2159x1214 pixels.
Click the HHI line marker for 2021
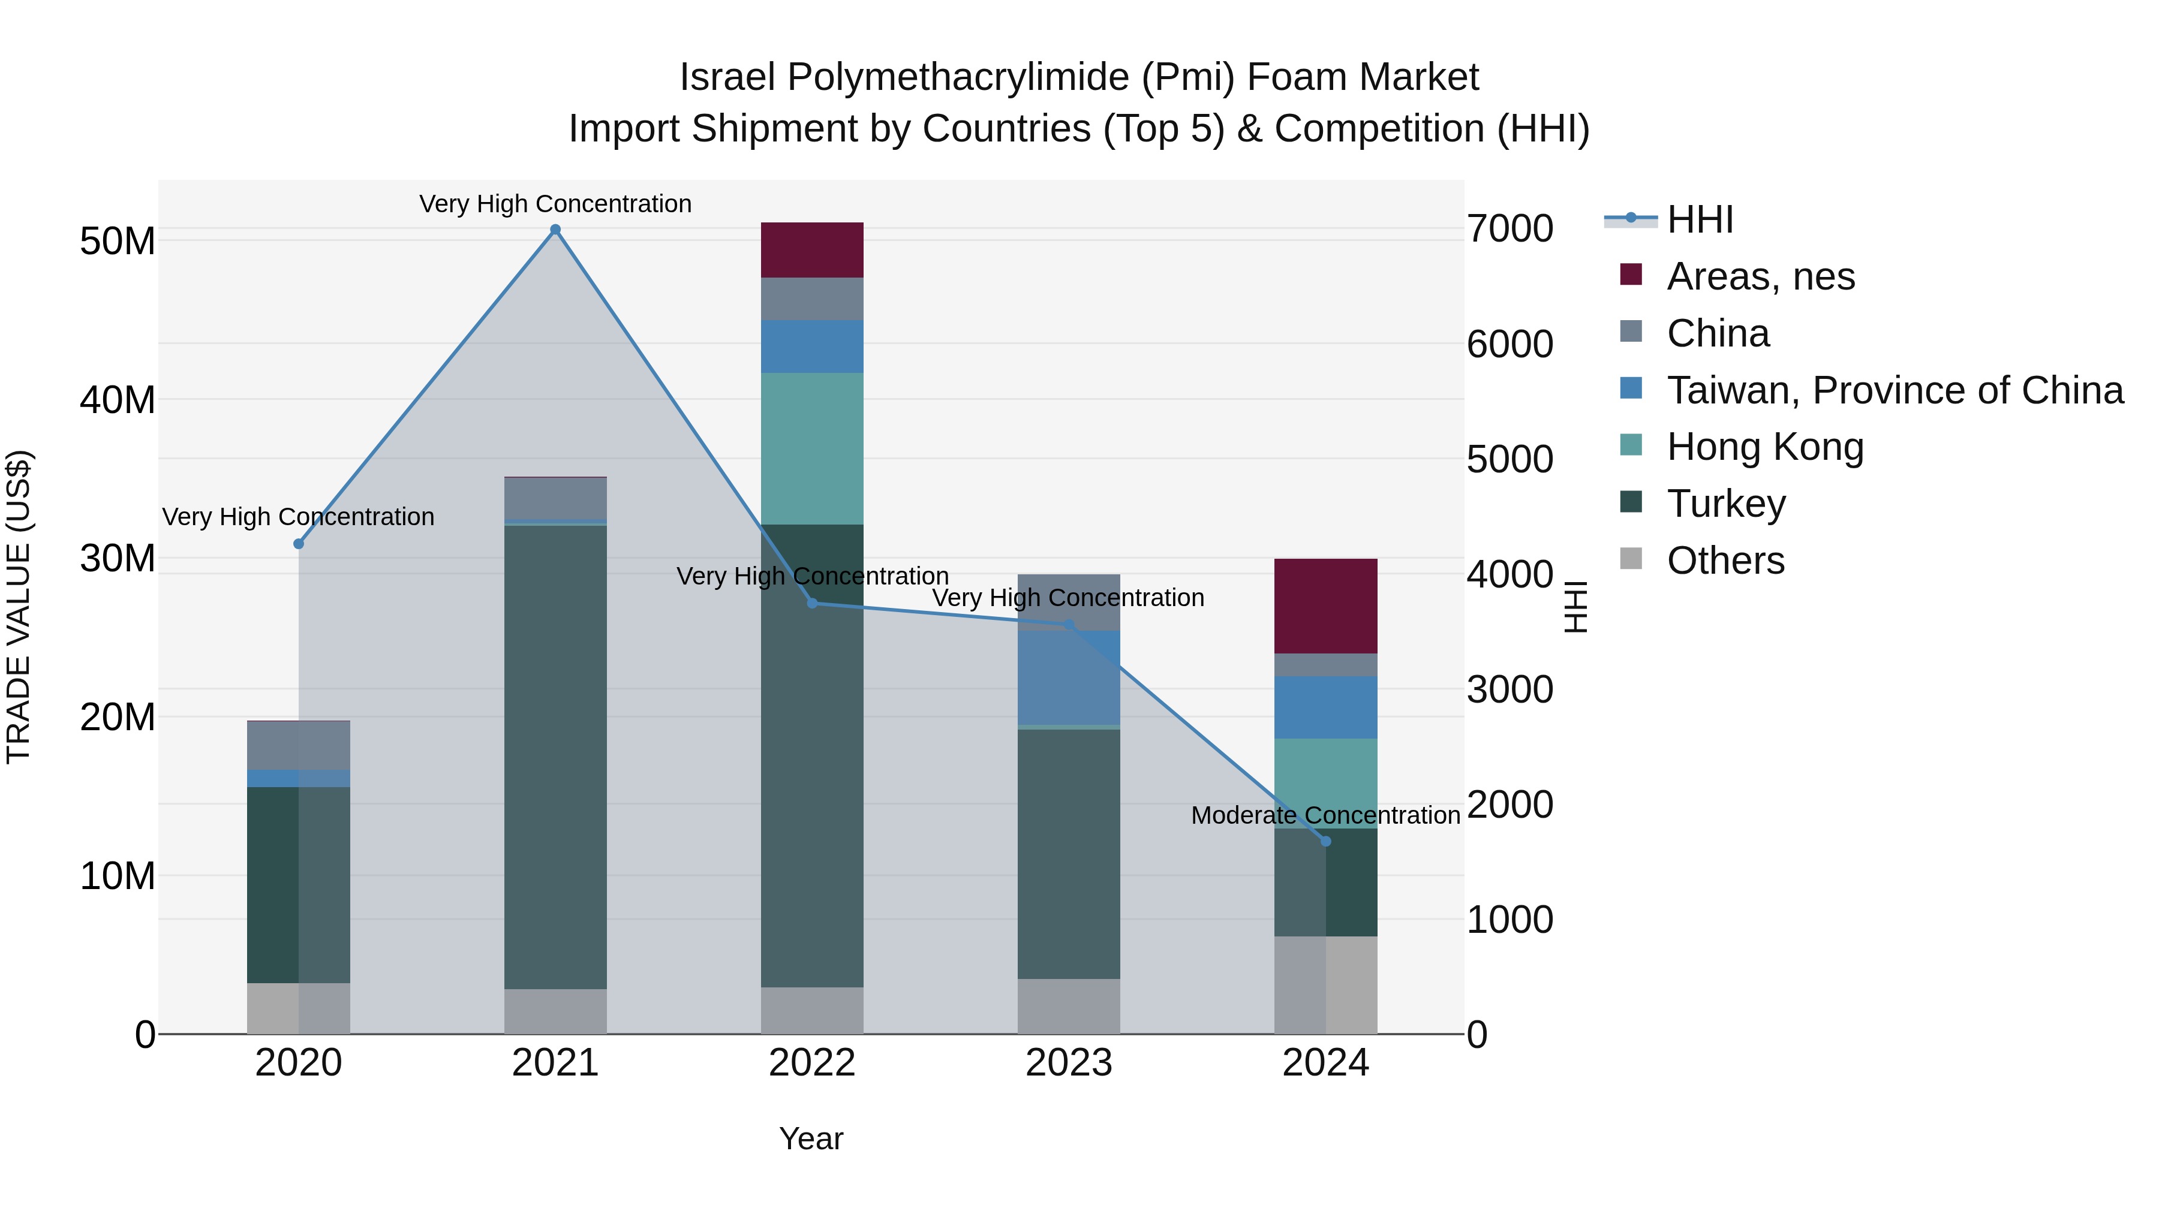coord(555,230)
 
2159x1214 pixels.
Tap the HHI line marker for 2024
coord(1325,841)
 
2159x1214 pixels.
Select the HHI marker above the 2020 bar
coord(299,544)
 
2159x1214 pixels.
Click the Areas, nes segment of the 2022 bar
coord(811,249)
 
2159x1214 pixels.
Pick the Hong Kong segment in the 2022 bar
coord(811,448)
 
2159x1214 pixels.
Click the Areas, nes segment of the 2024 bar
coord(1325,606)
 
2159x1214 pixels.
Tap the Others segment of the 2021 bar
coord(555,1011)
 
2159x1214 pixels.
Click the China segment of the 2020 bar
coord(299,745)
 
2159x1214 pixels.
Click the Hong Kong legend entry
coord(1764,447)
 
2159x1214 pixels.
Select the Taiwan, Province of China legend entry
coord(1894,390)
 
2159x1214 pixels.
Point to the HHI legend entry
coord(1699,219)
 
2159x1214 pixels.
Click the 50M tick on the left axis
coord(118,241)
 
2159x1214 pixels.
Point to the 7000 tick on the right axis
coord(1510,229)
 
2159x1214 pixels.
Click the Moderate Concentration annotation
coord(1325,815)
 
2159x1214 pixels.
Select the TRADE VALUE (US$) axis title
coord(19,607)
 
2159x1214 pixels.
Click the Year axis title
coord(810,1138)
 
